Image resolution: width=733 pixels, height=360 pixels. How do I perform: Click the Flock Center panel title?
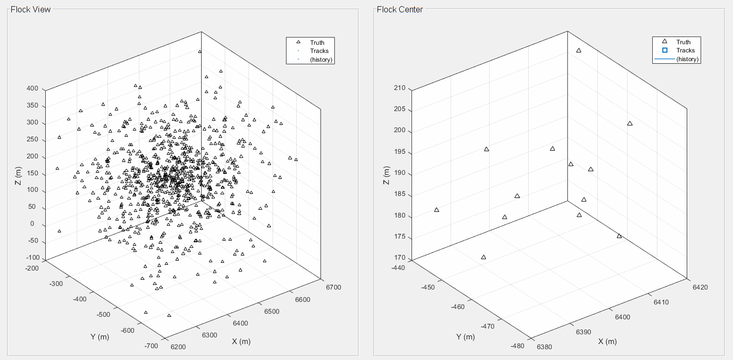point(400,9)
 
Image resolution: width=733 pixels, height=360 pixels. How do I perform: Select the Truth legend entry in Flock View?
point(317,42)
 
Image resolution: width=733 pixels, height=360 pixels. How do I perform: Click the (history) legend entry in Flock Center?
point(687,59)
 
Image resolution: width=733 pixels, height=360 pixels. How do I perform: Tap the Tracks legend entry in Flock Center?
point(685,50)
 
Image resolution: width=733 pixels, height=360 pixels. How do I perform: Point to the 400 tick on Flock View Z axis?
point(33,88)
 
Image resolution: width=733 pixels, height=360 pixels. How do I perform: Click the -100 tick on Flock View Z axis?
point(32,258)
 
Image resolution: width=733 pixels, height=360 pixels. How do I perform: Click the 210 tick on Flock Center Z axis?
point(399,88)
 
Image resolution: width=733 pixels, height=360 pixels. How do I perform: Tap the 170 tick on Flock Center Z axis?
point(399,258)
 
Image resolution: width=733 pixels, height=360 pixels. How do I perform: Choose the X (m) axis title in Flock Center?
point(607,341)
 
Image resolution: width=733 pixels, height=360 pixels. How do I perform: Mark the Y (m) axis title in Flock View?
point(99,337)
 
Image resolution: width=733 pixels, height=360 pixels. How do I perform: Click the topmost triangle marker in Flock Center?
point(579,50)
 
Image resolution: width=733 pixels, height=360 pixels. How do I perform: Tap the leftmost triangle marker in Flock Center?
point(437,210)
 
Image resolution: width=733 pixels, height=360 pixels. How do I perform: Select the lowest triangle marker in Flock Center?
point(484,257)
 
